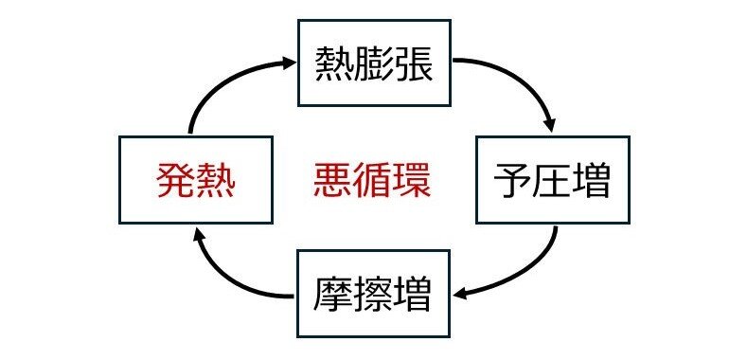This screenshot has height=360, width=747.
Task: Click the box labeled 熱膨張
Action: click(373, 64)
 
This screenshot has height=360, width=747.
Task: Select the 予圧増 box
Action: click(552, 180)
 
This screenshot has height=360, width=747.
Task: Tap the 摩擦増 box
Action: click(373, 295)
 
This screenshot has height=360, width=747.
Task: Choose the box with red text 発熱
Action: click(195, 180)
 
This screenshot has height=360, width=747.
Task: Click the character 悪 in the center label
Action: click(332, 180)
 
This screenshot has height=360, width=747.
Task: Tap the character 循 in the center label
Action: click(373, 180)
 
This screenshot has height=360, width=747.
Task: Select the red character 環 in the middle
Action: click(413, 180)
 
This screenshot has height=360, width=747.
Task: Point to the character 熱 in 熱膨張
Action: click(333, 64)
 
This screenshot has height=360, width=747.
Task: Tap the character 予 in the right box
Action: click(512, 180)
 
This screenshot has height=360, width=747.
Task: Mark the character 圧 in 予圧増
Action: click(552, 180)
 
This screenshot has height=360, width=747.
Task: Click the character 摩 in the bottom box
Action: click(333, 295)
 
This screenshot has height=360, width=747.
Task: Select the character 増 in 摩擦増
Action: click(413, 295)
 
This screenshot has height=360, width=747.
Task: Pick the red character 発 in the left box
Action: click(175, 180)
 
